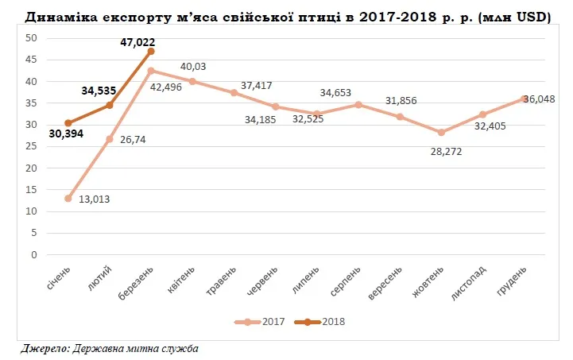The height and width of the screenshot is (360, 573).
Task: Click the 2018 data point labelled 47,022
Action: click(x=151, y=51)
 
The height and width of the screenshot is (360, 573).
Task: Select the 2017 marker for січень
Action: click(x=68, y=199)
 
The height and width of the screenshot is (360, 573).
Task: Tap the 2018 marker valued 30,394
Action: click(x=68, y=123)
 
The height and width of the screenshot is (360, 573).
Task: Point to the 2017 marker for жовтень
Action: click(x=441, y=133)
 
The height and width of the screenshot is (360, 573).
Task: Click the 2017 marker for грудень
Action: click(x=524, y=99)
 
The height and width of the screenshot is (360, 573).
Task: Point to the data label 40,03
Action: click(x=196, y=68)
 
